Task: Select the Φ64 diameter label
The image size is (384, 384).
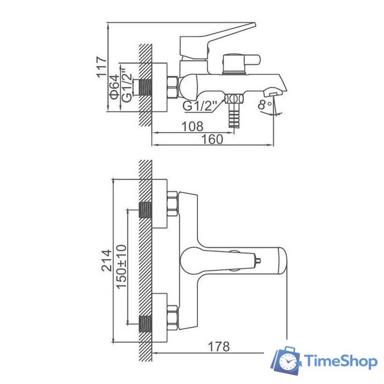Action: [x=113, y=87]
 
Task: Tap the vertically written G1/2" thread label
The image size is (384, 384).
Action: [x=126, y=88]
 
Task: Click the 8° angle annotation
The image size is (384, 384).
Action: [x=265, y=104]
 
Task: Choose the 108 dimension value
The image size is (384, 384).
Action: [x=192, y=127]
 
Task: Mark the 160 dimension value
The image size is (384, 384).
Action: [x=212, y=139]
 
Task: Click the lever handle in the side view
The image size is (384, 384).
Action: [x=216, y=37]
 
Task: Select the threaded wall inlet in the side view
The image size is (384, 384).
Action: [x=143, y=88]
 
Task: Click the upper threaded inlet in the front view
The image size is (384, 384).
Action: [x=145, y=209]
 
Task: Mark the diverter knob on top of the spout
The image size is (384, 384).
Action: [x=240, y=62]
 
